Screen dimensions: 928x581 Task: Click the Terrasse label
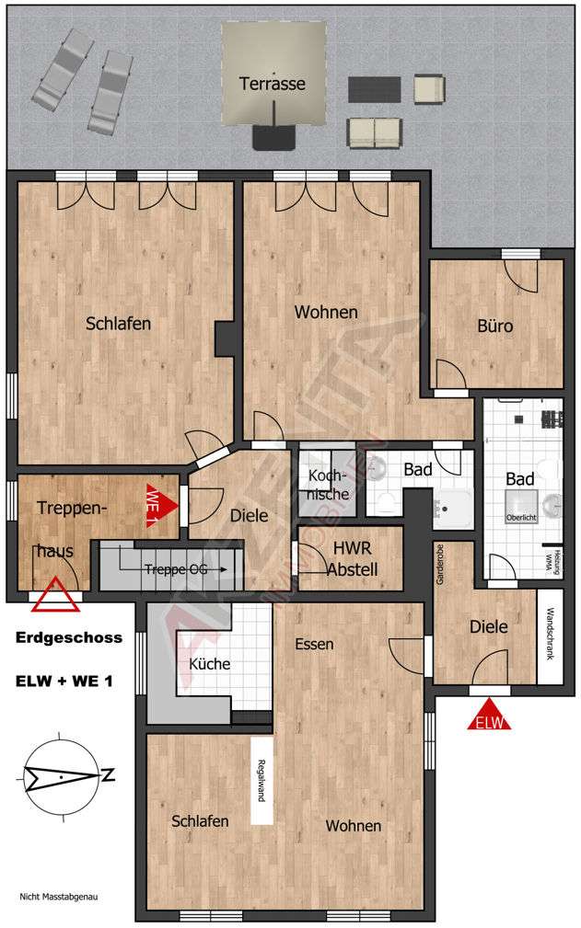pos(272,84)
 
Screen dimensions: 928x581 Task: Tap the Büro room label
pos(494,326)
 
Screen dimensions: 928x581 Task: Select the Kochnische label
pos(328,485)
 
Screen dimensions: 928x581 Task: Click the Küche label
pos(209,664)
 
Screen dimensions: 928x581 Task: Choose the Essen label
pos(315,644)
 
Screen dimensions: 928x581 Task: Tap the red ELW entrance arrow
pos(489,716)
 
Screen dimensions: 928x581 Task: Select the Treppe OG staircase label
pos(175,569)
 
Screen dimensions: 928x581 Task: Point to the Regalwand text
pos(261,781)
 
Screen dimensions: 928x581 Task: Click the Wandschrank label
pos(550,635)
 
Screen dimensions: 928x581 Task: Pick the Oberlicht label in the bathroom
pos(519,518)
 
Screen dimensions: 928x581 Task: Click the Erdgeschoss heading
pos(69,638)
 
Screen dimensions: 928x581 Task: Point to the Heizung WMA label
pos(550,558)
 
